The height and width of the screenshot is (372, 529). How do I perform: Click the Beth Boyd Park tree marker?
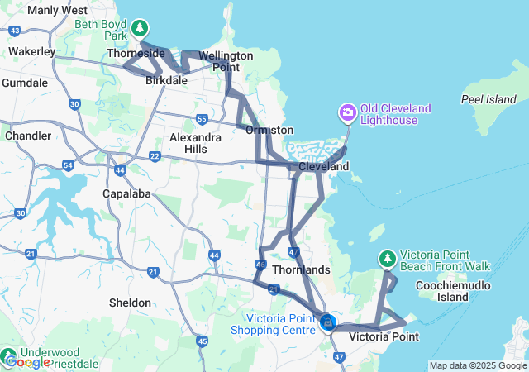140,27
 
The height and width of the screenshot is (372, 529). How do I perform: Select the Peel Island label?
488,99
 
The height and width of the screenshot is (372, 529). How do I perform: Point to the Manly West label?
58,10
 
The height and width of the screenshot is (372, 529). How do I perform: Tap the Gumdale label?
25,83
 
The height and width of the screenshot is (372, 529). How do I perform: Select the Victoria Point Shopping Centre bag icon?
328,321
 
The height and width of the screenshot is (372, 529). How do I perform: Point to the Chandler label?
27,136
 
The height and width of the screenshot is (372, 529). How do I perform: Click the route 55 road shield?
202,120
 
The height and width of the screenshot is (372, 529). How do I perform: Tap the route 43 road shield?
15,31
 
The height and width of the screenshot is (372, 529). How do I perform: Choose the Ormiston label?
269,130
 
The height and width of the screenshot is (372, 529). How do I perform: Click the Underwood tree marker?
11,352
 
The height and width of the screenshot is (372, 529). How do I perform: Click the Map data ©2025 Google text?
477,365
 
